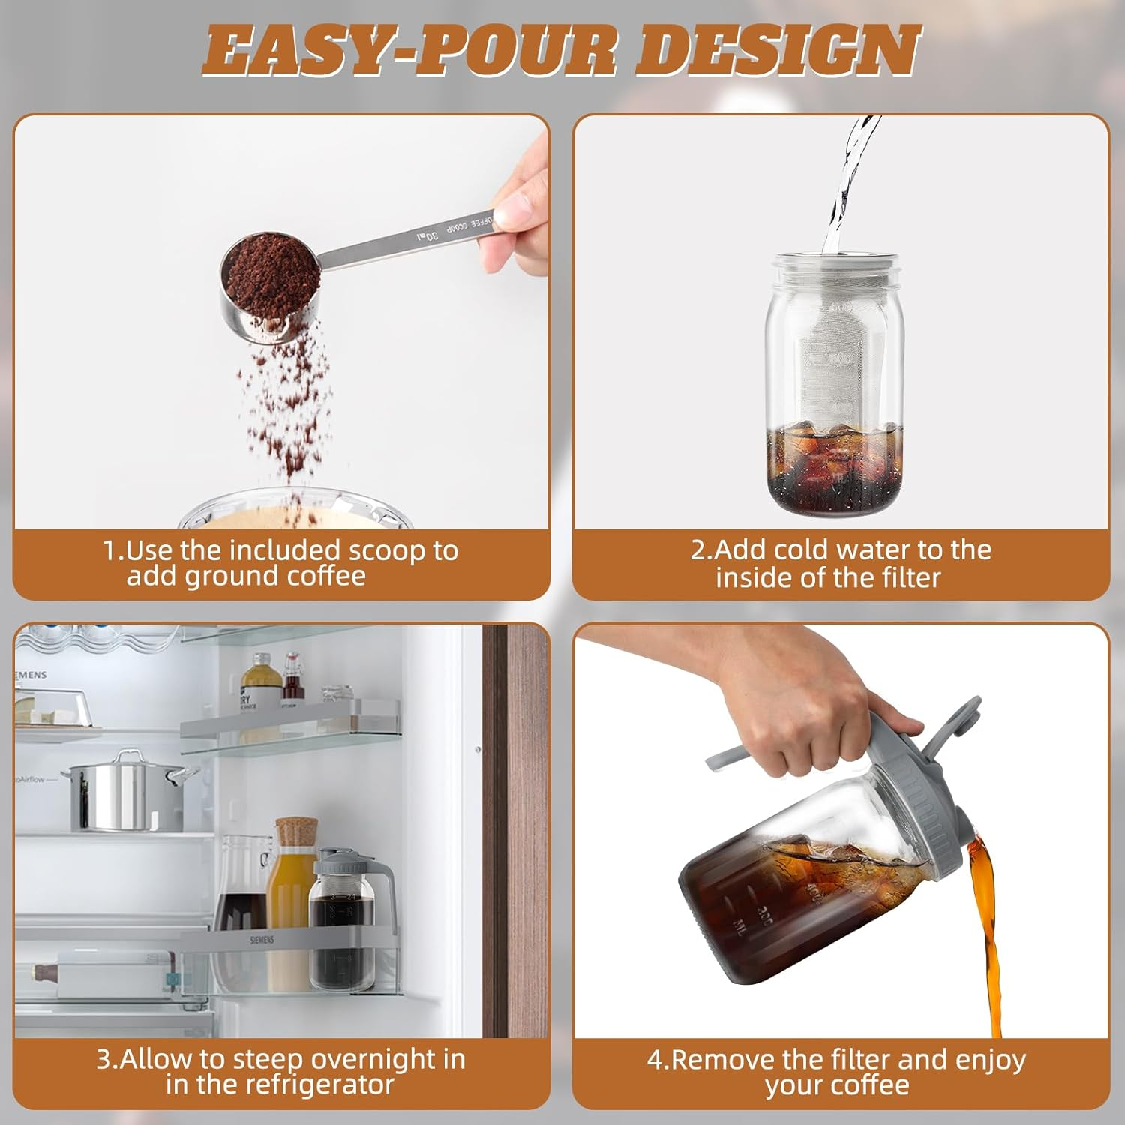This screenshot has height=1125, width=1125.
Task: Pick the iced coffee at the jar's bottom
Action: tap(835, 465)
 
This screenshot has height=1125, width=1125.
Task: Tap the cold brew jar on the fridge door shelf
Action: tap(345, 922)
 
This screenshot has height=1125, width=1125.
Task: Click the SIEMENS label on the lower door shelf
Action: tap(262, 939)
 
